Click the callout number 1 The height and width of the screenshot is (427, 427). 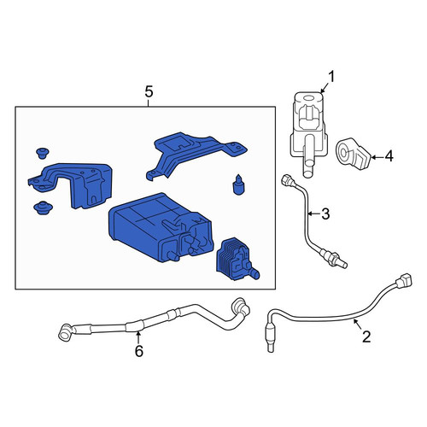(x=331, y=77)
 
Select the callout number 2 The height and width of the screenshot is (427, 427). (x=366, y=336)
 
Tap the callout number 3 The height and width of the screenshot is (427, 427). (x=325, y=214)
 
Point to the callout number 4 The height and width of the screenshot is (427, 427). (x=389, y=156)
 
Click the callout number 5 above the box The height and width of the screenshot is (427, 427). (x=149, y=92)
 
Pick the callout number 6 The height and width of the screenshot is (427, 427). (x=138, y=351)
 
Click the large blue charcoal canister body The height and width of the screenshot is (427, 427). (x=161, y=227)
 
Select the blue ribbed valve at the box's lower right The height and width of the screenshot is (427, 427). (x=237, y=259)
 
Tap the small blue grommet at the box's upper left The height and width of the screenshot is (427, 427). (x=43, y=153)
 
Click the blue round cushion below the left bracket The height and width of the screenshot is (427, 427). (x=43, y=208)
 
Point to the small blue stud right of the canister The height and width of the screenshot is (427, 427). (x=238, y=184)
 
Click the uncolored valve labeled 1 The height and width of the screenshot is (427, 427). (x=309, y=133)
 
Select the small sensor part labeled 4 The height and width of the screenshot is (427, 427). (x=354, y=154)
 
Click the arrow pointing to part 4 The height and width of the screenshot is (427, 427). (x=377, y=157)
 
